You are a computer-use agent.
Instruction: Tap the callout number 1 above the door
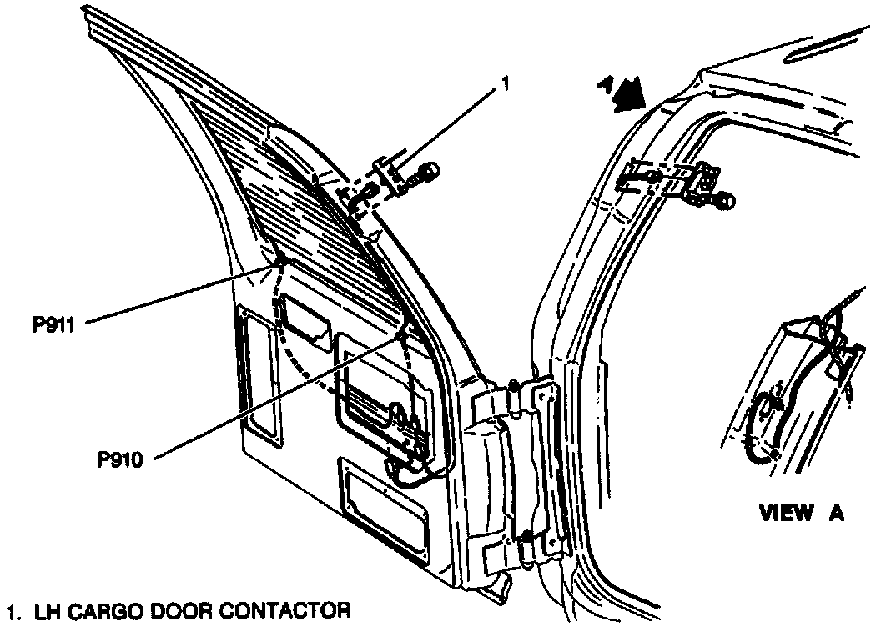(x=503, y=84)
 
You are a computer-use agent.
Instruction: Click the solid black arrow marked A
(x=628, y=93)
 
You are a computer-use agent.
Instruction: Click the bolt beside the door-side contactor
(x=428, y=174)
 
